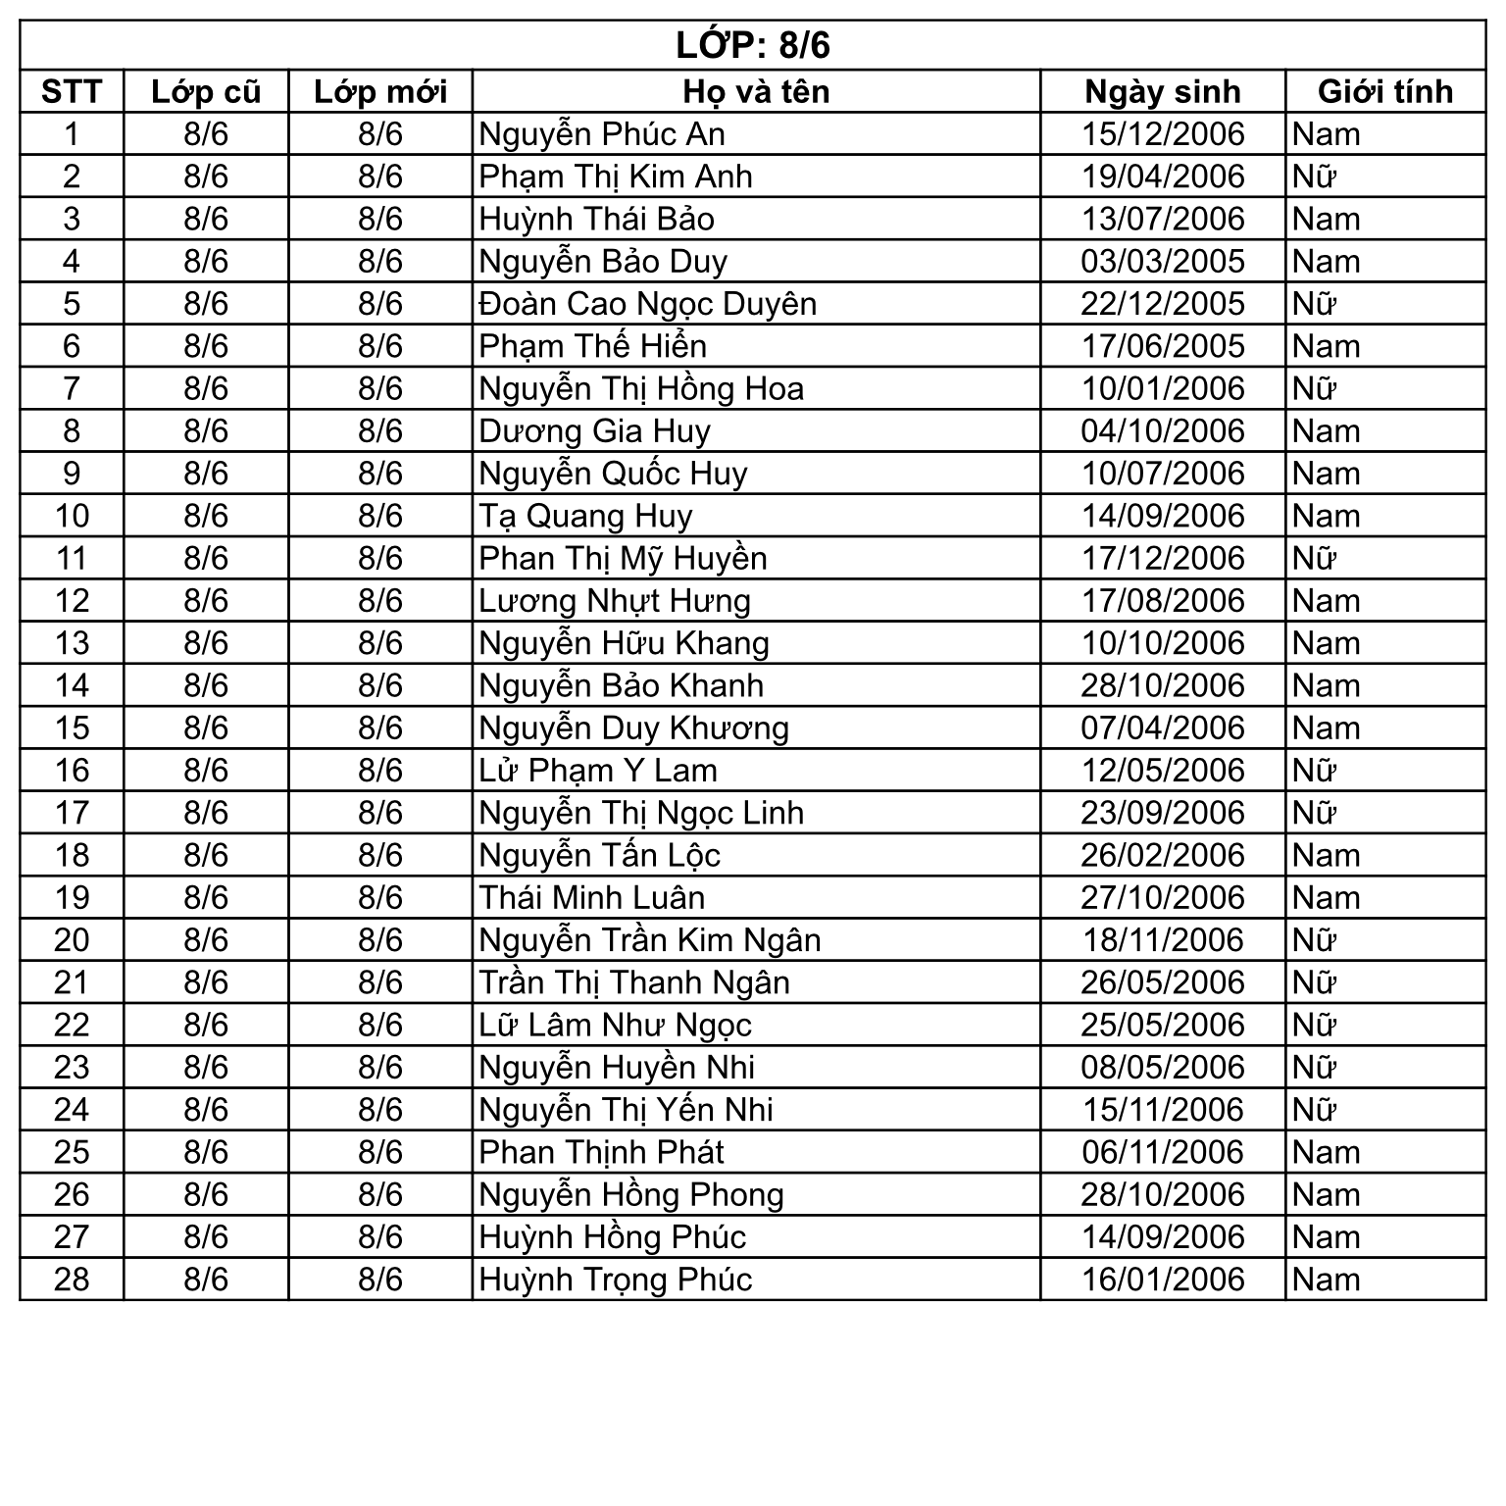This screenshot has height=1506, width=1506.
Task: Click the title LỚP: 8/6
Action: coord(752,45)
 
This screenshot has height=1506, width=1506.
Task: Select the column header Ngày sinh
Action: coord(1162,91)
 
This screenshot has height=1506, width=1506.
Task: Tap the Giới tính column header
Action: coord(1384,91)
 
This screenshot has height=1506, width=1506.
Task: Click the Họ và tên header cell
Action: coord(756,91)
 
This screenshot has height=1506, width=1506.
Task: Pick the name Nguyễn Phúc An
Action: coord(602,134)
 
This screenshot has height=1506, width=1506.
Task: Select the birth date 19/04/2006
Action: coord(1162,176)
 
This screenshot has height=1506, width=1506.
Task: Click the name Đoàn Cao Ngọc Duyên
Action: coord(647,304)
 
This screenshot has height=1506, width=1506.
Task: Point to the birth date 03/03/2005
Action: coord(1162,262)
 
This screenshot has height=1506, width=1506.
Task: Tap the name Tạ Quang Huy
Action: coord(585,516)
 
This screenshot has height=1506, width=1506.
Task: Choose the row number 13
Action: coord(72,643)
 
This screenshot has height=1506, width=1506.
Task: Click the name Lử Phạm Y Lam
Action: coord(598,771)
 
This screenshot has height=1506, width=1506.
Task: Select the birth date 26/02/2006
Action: coord(1162,855)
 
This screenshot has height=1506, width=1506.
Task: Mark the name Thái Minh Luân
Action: coord(591,898)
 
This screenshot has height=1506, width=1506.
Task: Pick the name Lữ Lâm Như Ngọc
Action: coord(615,1026)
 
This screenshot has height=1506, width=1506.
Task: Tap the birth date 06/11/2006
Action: coord(1162,1152)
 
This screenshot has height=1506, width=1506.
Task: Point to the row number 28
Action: coord(72,1280)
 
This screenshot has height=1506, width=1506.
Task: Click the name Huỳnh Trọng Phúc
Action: coord(615,1280)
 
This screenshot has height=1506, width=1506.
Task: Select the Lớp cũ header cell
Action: coord(206,91)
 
